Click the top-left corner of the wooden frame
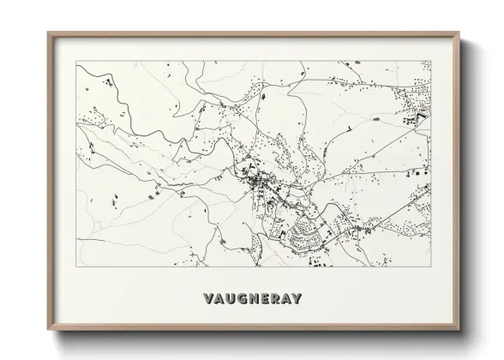tap(48, 33)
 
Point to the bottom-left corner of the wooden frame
tap(48, 329)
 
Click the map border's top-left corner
tap(76, 61)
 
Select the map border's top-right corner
tap(431, 61)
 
